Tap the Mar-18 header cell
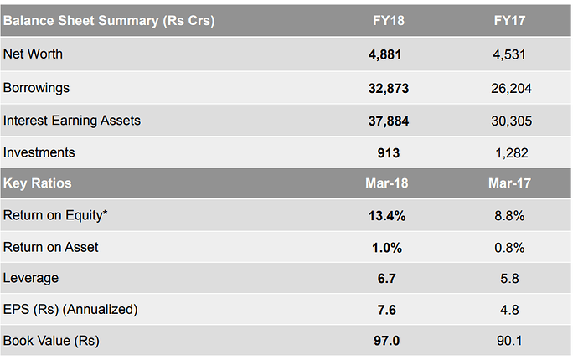pyautogui.click(x=386, y=183)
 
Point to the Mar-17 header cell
pyautogui.click(x=510, y=183)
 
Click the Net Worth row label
pyautogui.click(x=34, y=54)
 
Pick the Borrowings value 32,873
pyautogui.click(x=386, y=88)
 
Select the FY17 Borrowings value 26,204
pyautogui.click(x=511, y=88)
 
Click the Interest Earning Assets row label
pyautogui.click(x=72, y=121)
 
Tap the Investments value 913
pyautogui.click(x=386, y=153)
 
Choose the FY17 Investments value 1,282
pyautogui.click(x=511, y=153)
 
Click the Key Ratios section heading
pyautogui.click(x=38, y=183)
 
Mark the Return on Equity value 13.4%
pyautogui.click(x=386, y=216)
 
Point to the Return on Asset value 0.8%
pyautogui.click(x=510, y=247)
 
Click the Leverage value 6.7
pyautogui.click(x=386, y=278)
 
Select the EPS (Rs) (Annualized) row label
pyautogui.click(x=70, y=310)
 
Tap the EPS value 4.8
pyautogui.click(x=510, y=310)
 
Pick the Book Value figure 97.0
pyautogui.click(x=386, y=342)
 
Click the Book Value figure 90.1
pyautogui.click(x=510, y=342)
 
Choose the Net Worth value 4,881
pyautogui.click(x=386, y=54)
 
